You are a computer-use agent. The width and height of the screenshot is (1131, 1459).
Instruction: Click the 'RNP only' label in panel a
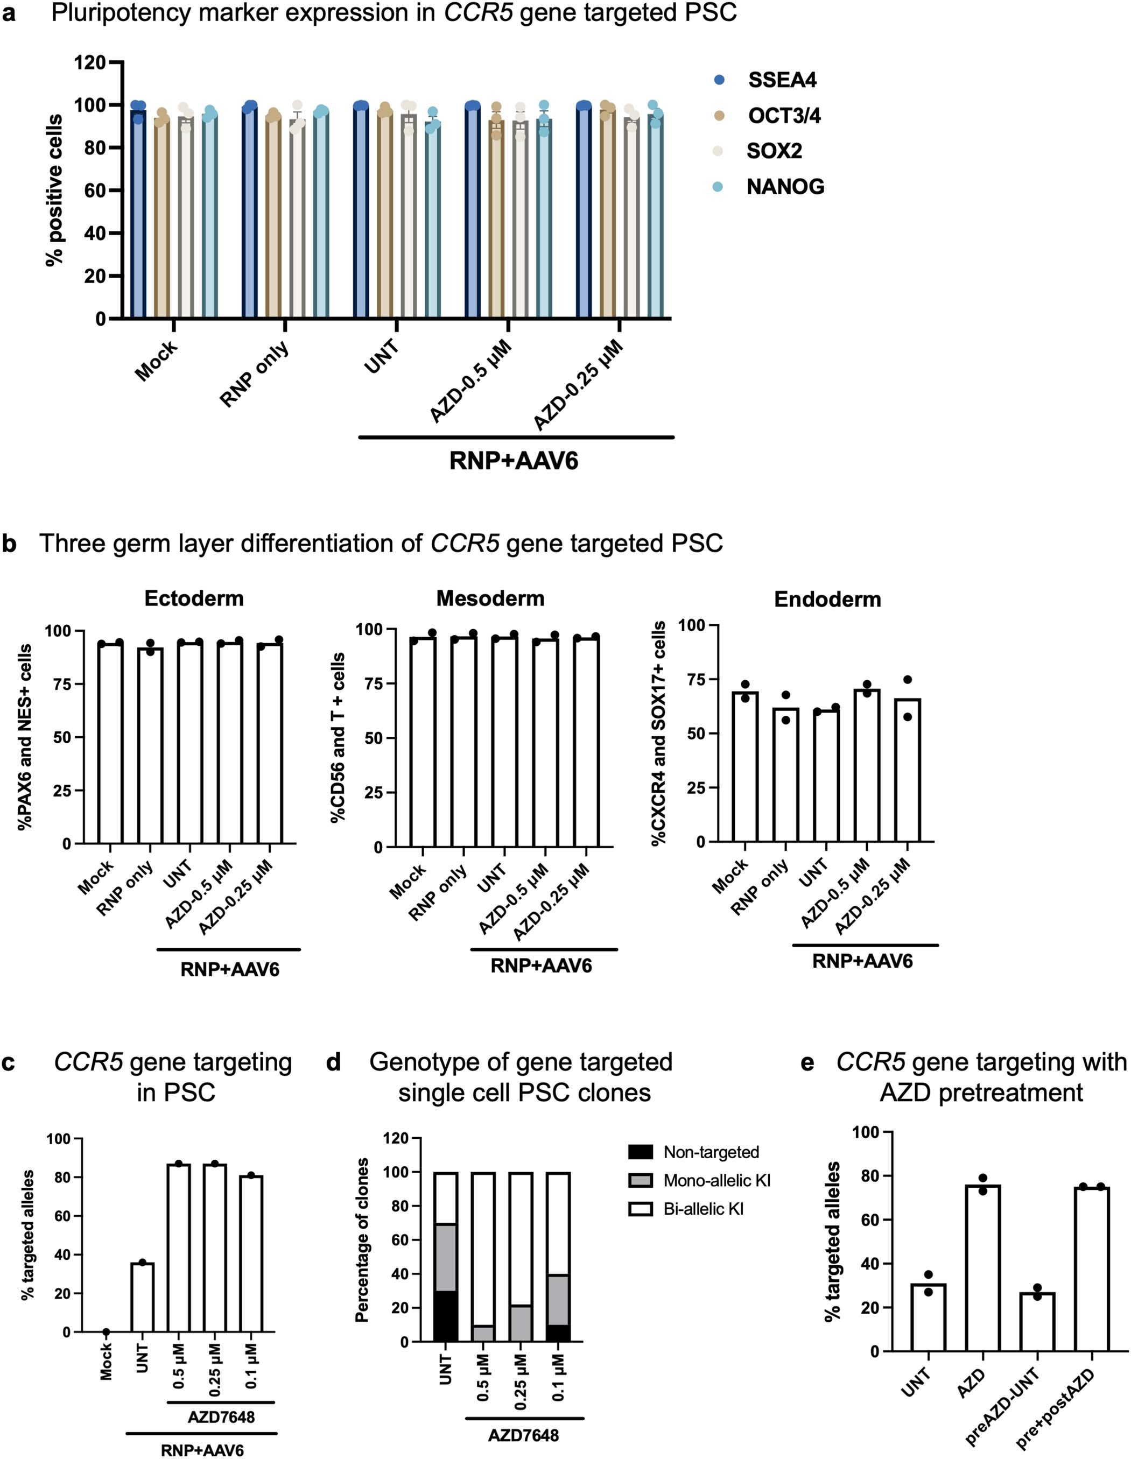[x=255, y=373]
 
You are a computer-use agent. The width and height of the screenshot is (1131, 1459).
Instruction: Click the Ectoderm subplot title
[x=194, y=598]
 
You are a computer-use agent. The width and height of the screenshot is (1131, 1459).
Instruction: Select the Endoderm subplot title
[x=827, y=599]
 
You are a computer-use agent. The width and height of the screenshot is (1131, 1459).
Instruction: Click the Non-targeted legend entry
[x=711, y=1152]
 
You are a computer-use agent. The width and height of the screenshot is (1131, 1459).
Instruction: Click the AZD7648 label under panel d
[x=523, y=1434]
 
